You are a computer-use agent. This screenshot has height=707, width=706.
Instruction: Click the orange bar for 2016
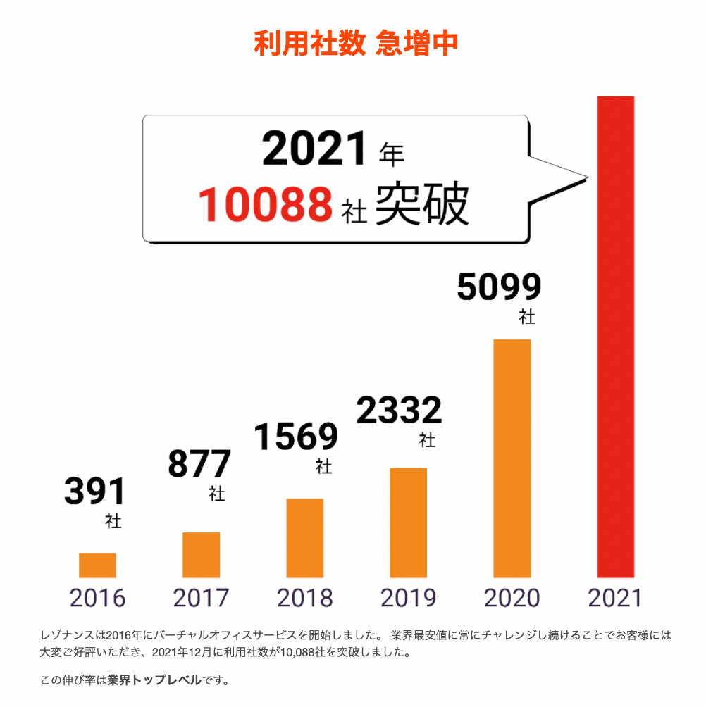97,565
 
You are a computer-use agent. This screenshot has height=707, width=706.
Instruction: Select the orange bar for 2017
201,555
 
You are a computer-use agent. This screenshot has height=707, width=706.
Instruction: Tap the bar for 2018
304,538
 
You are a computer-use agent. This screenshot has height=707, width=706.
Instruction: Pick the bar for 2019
408,523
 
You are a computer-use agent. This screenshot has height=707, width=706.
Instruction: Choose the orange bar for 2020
512,458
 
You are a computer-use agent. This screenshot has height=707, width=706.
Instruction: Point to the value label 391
94,492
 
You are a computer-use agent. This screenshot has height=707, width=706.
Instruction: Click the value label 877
199,463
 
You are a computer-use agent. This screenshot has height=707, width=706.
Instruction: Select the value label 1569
295,437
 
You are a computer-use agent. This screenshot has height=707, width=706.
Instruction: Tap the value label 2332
399,411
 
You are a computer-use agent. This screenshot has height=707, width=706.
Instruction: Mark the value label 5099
499,287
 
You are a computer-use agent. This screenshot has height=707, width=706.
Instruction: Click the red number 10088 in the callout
265,205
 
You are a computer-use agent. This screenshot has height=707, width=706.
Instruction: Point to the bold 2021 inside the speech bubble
315,150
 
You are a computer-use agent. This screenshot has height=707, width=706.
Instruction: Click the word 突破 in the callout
421,205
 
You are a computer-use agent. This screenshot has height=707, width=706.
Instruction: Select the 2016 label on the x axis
97,599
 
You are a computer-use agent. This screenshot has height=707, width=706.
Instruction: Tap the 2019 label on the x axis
408,599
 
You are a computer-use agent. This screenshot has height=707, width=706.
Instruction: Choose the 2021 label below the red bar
615,599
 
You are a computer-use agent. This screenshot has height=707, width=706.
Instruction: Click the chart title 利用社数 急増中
356,44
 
